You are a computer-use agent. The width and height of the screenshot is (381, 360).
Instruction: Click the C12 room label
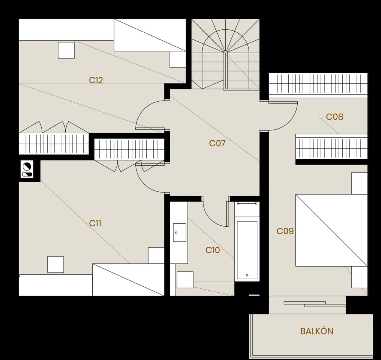96,80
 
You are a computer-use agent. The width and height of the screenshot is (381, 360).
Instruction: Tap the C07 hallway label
217,143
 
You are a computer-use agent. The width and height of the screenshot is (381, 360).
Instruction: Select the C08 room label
334,117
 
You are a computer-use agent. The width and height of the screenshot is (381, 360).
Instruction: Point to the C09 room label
285,231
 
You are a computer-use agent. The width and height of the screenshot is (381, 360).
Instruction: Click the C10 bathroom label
212,250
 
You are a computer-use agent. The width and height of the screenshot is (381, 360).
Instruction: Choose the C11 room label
95,223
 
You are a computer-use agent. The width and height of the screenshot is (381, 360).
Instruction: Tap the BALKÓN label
317,331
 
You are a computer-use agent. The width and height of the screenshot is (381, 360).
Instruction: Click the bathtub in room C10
247,250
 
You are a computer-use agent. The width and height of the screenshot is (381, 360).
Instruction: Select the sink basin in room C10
180,233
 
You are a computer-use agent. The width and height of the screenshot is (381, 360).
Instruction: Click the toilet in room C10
185,280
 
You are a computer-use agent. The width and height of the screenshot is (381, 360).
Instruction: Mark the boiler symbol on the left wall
27,169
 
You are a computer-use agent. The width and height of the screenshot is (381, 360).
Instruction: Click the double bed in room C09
332,230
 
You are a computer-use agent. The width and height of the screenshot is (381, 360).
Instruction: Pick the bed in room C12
150,35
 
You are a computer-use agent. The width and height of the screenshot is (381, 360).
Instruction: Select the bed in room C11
128,280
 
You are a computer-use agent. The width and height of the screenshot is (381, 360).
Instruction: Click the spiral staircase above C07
225,54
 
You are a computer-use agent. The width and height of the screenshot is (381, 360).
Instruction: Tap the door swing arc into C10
215,214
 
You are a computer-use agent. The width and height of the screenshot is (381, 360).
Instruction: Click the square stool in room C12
66,50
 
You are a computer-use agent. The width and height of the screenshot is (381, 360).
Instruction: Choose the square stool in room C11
56,264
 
